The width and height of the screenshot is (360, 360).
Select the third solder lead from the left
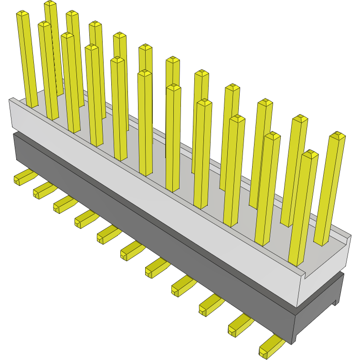point(63,204)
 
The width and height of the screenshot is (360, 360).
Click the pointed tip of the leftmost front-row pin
point(22,14)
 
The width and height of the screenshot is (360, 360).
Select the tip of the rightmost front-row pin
point(310,154)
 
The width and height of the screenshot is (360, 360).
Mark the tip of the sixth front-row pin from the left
point(145,73)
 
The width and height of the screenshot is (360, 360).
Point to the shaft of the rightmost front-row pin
point(303,210)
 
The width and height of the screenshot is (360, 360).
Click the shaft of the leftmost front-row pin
point(28,62)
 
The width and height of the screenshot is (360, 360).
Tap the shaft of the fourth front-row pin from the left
point(94,95)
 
